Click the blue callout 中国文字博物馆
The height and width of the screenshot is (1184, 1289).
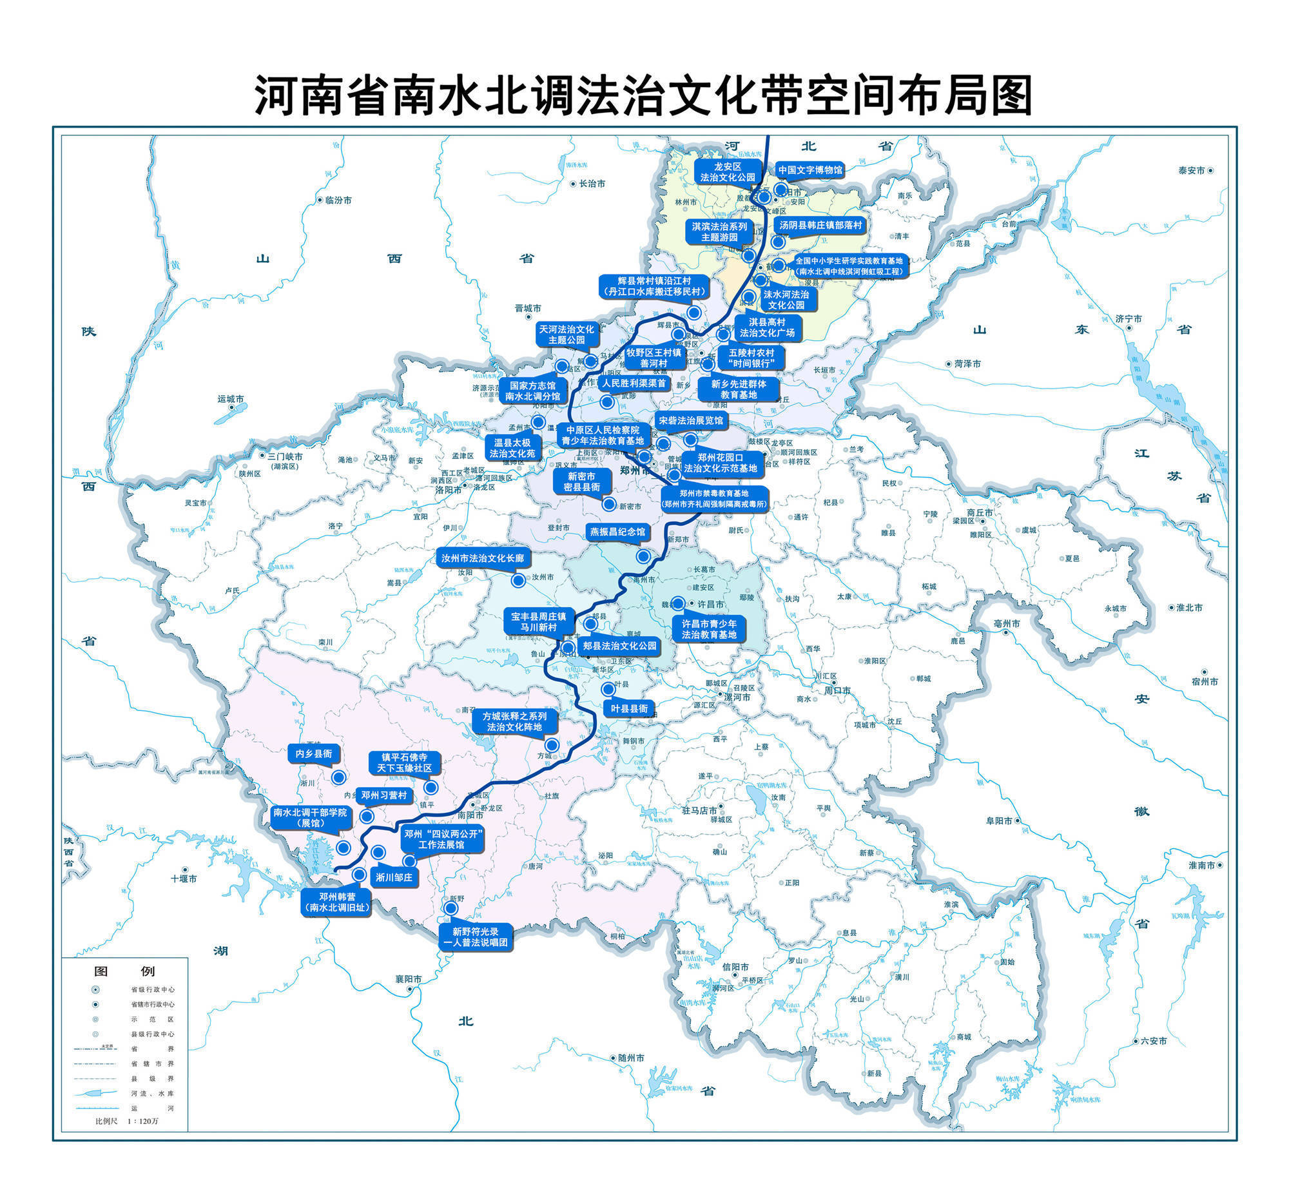click(x=809, y=170)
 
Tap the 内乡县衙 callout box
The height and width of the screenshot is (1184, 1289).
click(x=314, y=753)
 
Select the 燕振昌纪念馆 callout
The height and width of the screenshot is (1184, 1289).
click(x=617, y=532)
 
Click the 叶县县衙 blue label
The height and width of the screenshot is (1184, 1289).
click(x=629, y=708)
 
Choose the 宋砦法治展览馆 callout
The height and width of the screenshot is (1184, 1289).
click(x=690, y=420)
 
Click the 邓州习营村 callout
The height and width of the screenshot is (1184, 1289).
click(x=384, y=795)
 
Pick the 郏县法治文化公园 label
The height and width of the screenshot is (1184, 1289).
click(x=619, y=645)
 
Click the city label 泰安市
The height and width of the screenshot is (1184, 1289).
click(x=1191, y=171)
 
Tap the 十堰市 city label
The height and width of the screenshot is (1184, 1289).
click(x=184, y=878)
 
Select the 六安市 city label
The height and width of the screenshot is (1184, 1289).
click(x=1153, y=1059)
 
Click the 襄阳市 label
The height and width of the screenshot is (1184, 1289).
click(x=408, y=979)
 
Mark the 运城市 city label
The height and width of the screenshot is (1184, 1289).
click(x=231, y=399)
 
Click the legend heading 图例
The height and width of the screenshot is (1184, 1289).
click(x=124, y=971)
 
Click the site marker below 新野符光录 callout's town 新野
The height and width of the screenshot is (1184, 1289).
click(x=451, y=908)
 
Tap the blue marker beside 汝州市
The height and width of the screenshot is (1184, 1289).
click(x=518, y=580)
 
